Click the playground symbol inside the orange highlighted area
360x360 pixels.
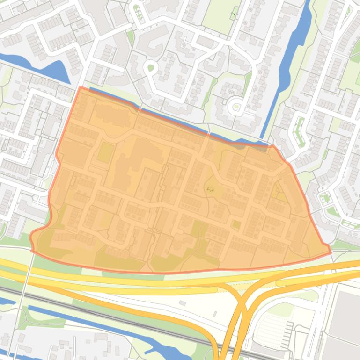(210, 189)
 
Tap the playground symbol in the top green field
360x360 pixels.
(234, 14)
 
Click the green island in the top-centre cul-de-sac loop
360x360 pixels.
(151, 68)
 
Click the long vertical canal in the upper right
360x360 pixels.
(290, 61)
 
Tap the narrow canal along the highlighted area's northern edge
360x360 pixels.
(164, 117)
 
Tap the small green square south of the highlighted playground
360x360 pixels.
(236, 225)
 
